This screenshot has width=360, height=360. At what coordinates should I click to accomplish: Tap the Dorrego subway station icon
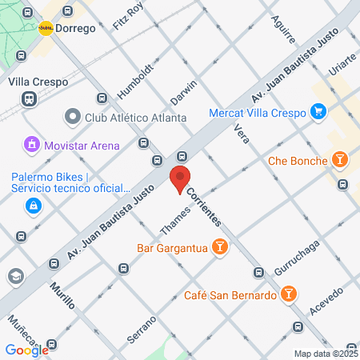[46, 27]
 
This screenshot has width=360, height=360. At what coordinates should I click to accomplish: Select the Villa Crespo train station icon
[29, 98]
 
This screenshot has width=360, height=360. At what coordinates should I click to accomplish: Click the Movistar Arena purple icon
[31, 146]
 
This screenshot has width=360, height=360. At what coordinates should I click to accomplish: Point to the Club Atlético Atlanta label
[135, 118]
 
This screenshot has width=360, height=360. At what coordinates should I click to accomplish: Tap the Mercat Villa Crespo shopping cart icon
[318, 111]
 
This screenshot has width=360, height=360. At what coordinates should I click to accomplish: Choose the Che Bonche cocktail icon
[341, 161]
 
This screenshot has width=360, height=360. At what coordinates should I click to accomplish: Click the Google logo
[26, 350]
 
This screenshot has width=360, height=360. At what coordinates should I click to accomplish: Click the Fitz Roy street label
[128, 16]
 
